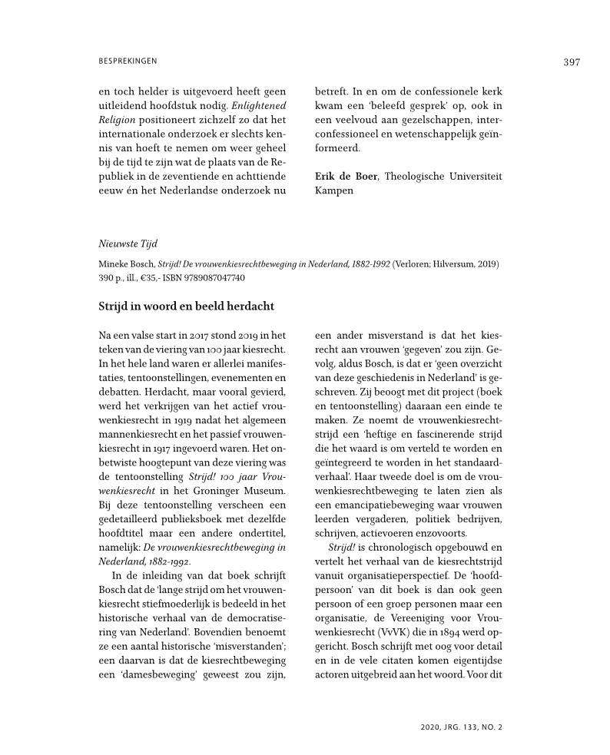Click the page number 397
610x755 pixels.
571,62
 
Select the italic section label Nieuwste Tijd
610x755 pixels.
128,244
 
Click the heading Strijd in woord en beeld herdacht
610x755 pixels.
186,306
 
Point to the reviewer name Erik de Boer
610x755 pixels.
346,176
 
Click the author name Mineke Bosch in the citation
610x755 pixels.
126,263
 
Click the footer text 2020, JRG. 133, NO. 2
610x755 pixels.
462,725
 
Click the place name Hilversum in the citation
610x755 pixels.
457,263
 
